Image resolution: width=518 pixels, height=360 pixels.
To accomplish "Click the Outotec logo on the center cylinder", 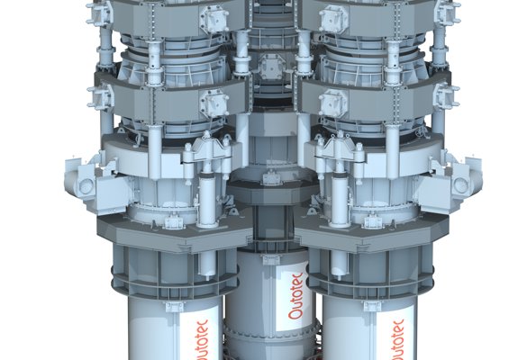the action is click(295, 296).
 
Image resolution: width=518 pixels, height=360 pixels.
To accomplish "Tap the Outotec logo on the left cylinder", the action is click(201, 340).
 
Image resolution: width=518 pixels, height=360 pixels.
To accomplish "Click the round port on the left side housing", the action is click(86, 185).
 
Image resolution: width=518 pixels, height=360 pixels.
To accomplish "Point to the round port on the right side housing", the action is click(461, 185).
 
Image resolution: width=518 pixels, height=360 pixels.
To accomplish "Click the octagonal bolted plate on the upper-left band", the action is click(214, 18).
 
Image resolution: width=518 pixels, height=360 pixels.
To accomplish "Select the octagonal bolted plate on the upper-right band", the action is click(334, 18).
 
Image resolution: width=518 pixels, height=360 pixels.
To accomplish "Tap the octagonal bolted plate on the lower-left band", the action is click(214, 103).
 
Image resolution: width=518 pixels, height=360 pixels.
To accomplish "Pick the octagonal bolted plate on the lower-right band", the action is click(334, 103).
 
